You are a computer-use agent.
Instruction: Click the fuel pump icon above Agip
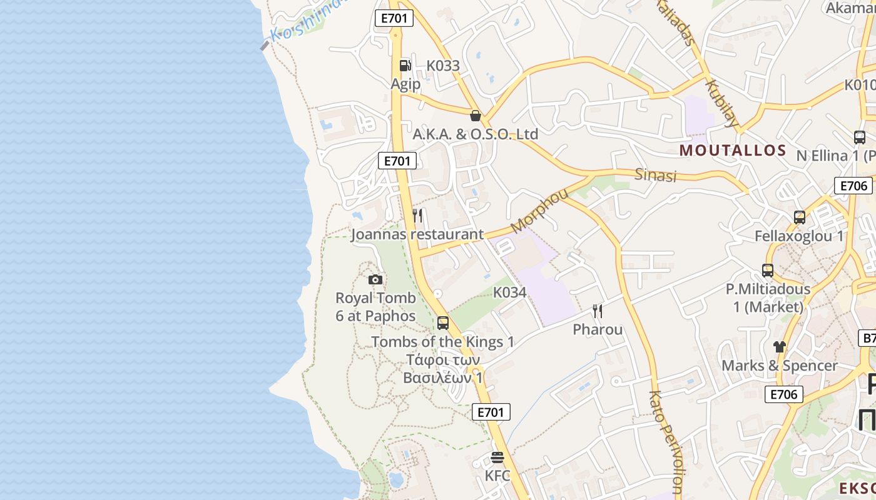tap(405, 65)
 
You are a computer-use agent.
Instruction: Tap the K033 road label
tap(443, 66)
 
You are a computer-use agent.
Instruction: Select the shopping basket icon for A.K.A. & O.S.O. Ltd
tap(476, 116)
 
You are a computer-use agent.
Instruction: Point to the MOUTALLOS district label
tap(733, 150)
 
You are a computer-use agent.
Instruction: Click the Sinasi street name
tap(656, 175)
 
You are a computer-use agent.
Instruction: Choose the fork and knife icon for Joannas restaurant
tap(417, 216)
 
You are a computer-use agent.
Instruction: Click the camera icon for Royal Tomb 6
tap(375, 279)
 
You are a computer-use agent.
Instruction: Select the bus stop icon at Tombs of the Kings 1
tap(443, 323)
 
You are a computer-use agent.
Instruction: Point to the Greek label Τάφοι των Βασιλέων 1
tap(442, 369)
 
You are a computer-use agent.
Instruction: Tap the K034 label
tap(510, 292)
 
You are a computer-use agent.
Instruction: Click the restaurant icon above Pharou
tap(598, 311)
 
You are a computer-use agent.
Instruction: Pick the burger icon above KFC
tap(497, 458)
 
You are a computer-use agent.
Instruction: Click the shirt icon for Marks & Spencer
tap(779, 347)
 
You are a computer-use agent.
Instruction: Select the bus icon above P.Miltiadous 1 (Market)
tap(768, 271)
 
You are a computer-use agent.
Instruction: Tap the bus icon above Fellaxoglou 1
tap(799, 217)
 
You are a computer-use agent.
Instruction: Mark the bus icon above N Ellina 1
tap(860, 137)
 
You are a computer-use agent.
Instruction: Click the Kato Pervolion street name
tap(665, 441)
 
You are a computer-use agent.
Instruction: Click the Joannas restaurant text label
tap(417, 234)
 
